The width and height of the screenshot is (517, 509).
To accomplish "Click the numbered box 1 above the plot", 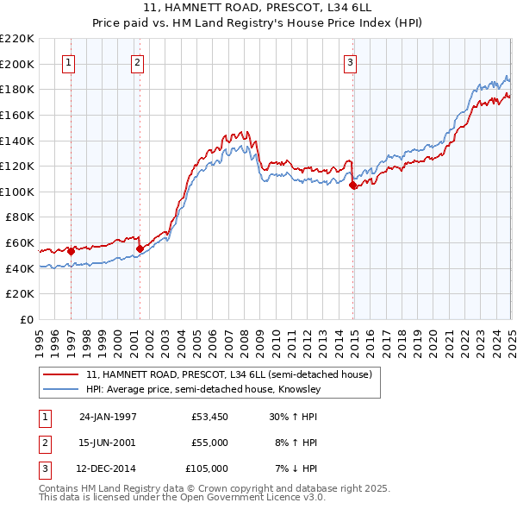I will (67, 61).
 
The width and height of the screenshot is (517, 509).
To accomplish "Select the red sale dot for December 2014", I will (353, 185).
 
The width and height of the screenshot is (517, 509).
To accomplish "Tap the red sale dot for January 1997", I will (71, 251).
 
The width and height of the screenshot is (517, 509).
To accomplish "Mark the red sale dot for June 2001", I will (140, 249).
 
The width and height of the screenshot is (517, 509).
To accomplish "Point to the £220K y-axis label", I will (17, 39).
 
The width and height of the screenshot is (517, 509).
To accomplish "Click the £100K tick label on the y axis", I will (17, 192).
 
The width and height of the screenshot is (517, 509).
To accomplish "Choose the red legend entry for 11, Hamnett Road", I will (228, 375).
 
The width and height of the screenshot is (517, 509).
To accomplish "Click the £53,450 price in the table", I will (210, 418).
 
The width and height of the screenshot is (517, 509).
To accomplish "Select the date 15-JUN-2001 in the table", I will (108, 443).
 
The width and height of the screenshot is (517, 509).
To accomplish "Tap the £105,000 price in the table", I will (208, 468).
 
